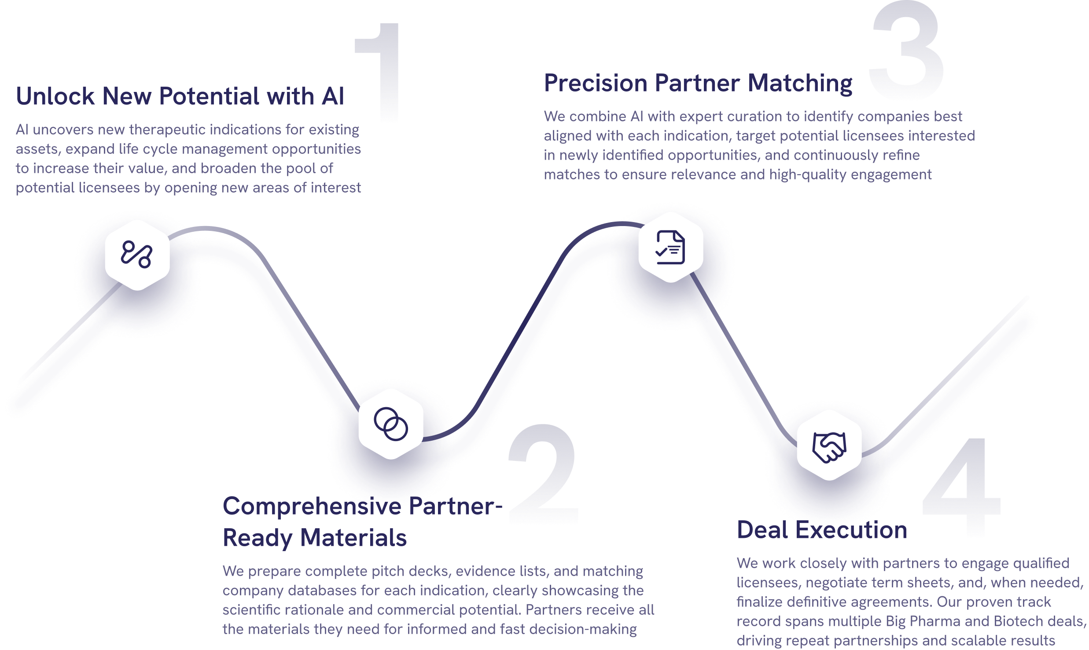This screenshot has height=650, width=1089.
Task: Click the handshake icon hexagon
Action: point(829,446)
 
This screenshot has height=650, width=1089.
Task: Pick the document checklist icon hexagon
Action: point(670,247)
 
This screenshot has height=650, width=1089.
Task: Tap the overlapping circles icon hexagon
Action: point(391,424)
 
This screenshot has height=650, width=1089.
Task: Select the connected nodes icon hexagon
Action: point(137,255)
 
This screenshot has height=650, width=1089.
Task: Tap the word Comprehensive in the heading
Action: point(312,506)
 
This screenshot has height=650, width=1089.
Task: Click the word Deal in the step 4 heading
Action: point(762,529)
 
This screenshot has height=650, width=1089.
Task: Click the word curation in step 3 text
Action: point(754,117)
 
